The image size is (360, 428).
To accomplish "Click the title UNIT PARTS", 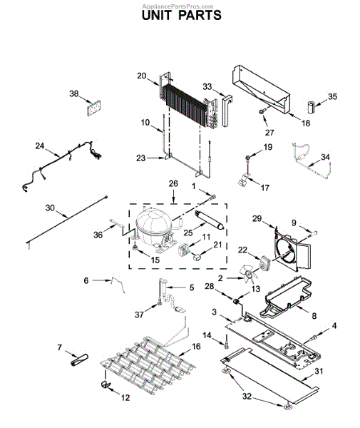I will [180, 14].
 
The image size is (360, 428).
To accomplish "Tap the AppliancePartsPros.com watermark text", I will [180, 4].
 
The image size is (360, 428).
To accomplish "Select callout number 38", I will [74, 93].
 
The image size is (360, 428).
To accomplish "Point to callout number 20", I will [141, 75].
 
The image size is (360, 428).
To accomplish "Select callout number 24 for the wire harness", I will [40, 146].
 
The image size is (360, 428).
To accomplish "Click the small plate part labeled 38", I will [91, 107].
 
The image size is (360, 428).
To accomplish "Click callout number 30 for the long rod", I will [50, 208].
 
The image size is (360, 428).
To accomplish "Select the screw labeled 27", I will [263, 112].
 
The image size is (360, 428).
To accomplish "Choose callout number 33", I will [207, 86].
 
